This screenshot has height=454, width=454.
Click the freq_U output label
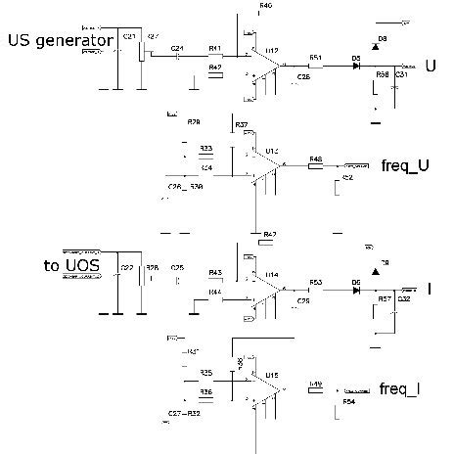click(403, 165)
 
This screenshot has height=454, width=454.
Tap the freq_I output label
click(399, 388)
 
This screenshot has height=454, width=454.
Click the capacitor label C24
click(176, 47)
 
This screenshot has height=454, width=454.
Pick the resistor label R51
click(316, 57)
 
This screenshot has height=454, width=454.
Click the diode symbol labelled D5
click(355, 66)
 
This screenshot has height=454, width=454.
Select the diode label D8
click(382, 37)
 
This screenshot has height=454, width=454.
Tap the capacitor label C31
click(401, 74)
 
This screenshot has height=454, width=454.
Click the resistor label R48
click(316, 159)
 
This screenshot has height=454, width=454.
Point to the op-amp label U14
click(272, 274)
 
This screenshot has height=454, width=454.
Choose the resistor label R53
click(316, 282)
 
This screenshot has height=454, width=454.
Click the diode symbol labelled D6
click(356, 291)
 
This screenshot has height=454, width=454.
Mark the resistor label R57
click(385, 297)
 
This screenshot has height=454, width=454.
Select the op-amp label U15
click(272, 374)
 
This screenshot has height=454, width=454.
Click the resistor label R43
click(215, 272)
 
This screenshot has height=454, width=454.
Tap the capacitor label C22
click(125, 268)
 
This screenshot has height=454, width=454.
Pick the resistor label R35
click(206, 374)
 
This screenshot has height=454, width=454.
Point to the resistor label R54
click(348, 401)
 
